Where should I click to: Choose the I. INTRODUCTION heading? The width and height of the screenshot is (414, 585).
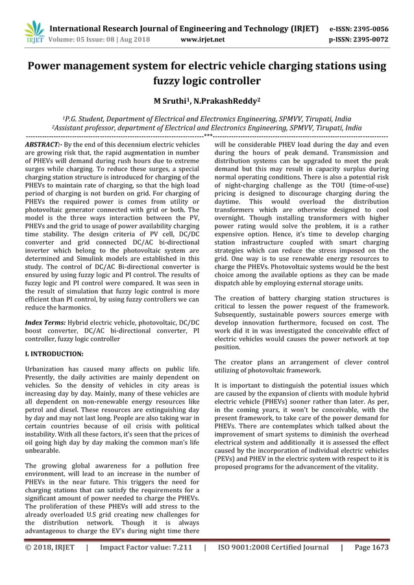[x=54, y=354]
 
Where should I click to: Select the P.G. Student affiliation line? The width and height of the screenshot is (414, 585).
[x=206, y=119]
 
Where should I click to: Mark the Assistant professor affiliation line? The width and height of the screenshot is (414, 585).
[x=206, y=128]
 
